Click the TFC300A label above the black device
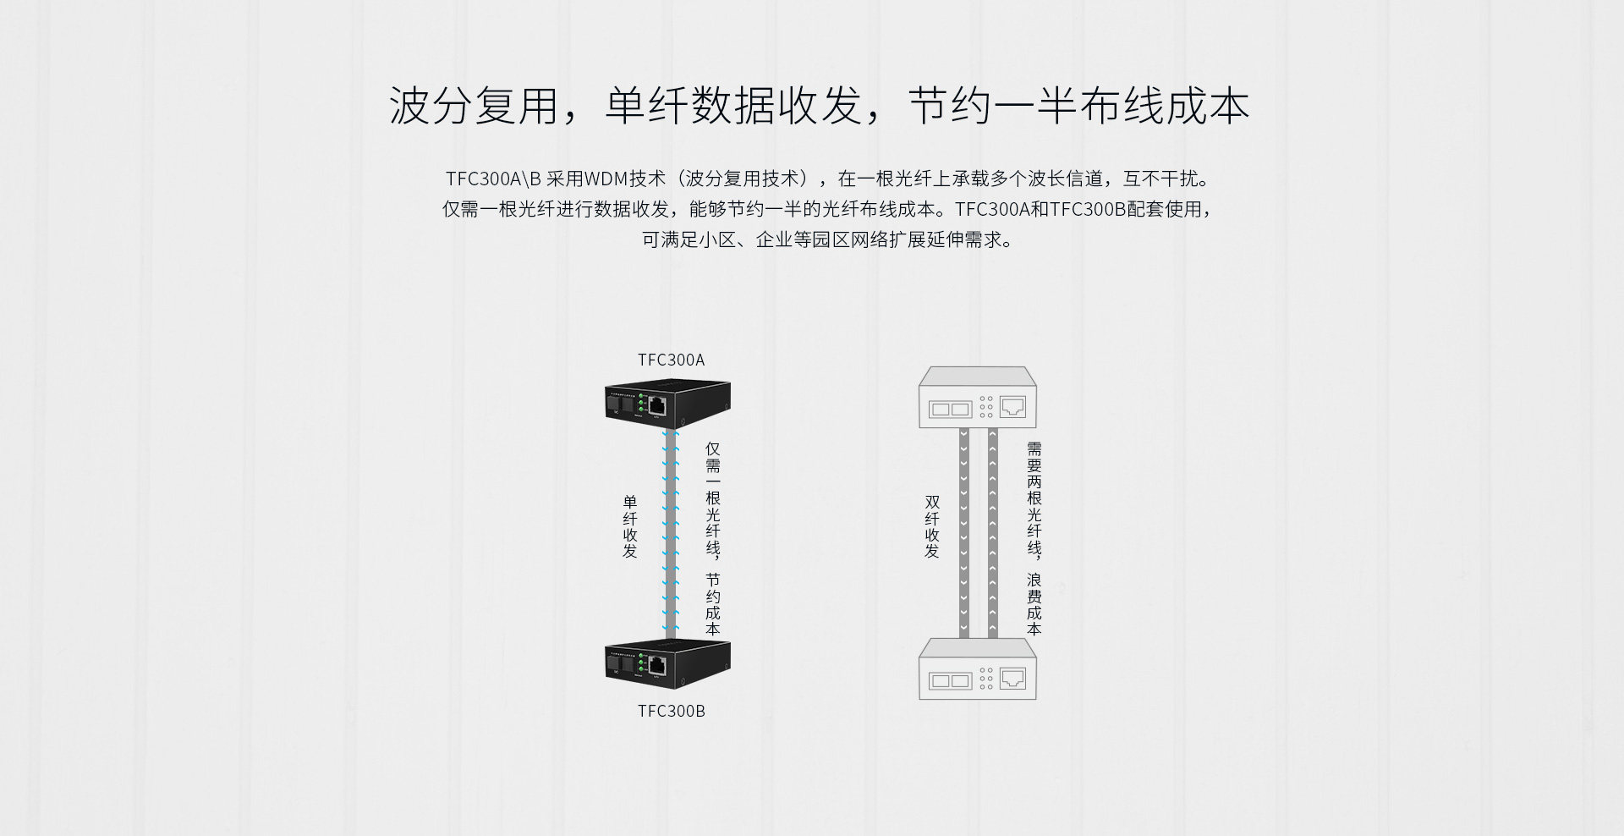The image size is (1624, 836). point(671,360)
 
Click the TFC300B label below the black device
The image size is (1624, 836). point(671,711)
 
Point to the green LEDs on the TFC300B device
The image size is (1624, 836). point(642,662)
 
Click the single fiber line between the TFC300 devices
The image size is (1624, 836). point(671,533)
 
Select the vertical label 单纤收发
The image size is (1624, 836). point(630,526)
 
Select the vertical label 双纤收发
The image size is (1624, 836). point(932,526)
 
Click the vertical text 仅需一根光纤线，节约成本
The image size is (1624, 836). point(713,538)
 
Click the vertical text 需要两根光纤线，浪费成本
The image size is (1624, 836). point(1034,538)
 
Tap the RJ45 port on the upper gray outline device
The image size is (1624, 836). point(1012,407)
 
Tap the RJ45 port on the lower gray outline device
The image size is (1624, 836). point(1012,679)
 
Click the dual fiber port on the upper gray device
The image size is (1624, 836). point(950,410)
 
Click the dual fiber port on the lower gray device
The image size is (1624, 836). point(950,680)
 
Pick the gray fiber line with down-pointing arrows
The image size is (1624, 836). point(964,533)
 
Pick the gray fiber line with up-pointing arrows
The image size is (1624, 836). point(993,533)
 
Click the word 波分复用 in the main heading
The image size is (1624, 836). point(473,107)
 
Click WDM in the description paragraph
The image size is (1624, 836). point(606,179)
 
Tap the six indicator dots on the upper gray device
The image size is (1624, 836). point(986,407)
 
